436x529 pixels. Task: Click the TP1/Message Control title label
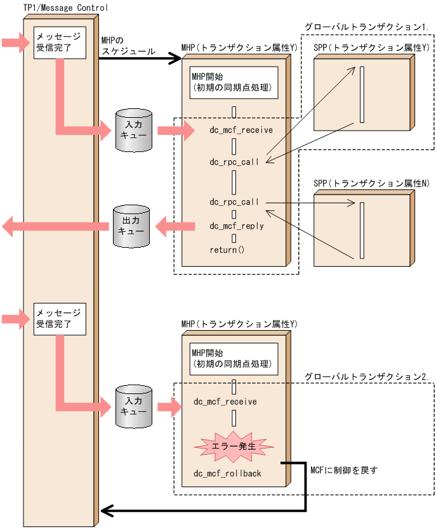[x=65, y=8]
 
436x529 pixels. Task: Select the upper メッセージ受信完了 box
[x=59, y=42]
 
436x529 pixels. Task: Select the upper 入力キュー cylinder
[x=135, y=131]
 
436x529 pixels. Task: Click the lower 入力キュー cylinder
[x=135, y=406]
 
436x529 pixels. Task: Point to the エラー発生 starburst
[x=234, y=446]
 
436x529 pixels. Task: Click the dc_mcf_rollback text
[x=227, y=473]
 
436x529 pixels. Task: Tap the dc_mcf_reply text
[x=236, y=226]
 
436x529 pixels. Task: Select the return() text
[x=227, y=250]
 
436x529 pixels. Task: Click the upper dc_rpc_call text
[x=234, y=162]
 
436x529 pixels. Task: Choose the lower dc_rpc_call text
[x=234, y=202]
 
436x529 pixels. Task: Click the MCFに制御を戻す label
[x=344, y=470]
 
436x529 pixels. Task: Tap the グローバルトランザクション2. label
[x=367, y=376]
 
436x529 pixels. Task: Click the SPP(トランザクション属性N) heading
[x=371, y=183]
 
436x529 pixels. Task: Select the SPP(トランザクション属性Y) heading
[x=371, y=48]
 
